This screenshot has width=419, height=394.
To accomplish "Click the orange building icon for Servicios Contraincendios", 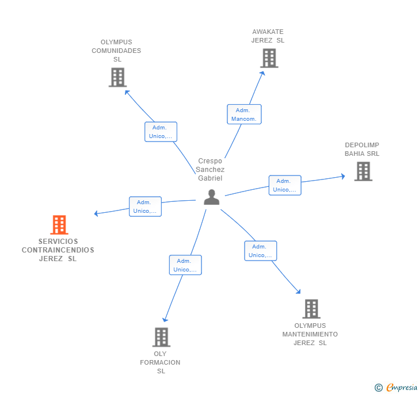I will (59, 225).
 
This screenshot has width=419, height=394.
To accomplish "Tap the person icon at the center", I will (212, 197).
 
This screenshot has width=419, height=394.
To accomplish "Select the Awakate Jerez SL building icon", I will (269, 58).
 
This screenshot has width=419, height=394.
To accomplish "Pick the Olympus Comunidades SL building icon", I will (117, 77).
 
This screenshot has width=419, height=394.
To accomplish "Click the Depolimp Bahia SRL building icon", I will (363, 171).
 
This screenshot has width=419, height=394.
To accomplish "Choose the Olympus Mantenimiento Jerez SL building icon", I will (311, 309).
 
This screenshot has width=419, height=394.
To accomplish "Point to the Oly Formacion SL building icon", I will (161, 337).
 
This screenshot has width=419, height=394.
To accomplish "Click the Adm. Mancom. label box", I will (244, 114).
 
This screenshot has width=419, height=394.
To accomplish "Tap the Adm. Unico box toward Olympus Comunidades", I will (161, 132).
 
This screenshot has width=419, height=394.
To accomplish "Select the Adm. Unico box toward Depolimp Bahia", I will (285, 185).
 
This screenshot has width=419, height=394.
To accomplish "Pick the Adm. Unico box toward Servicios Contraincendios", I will (145, 206).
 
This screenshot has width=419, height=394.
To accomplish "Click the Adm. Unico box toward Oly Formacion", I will (185, 265).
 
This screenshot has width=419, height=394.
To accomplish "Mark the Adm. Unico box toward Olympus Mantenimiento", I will (260, 251).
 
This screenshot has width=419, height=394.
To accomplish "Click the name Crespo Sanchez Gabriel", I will (210, 170).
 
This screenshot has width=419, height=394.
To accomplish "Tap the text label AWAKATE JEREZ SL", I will (268, 36).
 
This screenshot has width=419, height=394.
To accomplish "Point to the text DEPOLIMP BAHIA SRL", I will (362, 150).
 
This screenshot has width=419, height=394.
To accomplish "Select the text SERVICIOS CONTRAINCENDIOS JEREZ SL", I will (58, 250).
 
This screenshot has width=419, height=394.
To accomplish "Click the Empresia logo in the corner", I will (397, 388).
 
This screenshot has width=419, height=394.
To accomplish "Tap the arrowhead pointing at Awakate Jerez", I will (262, 72).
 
